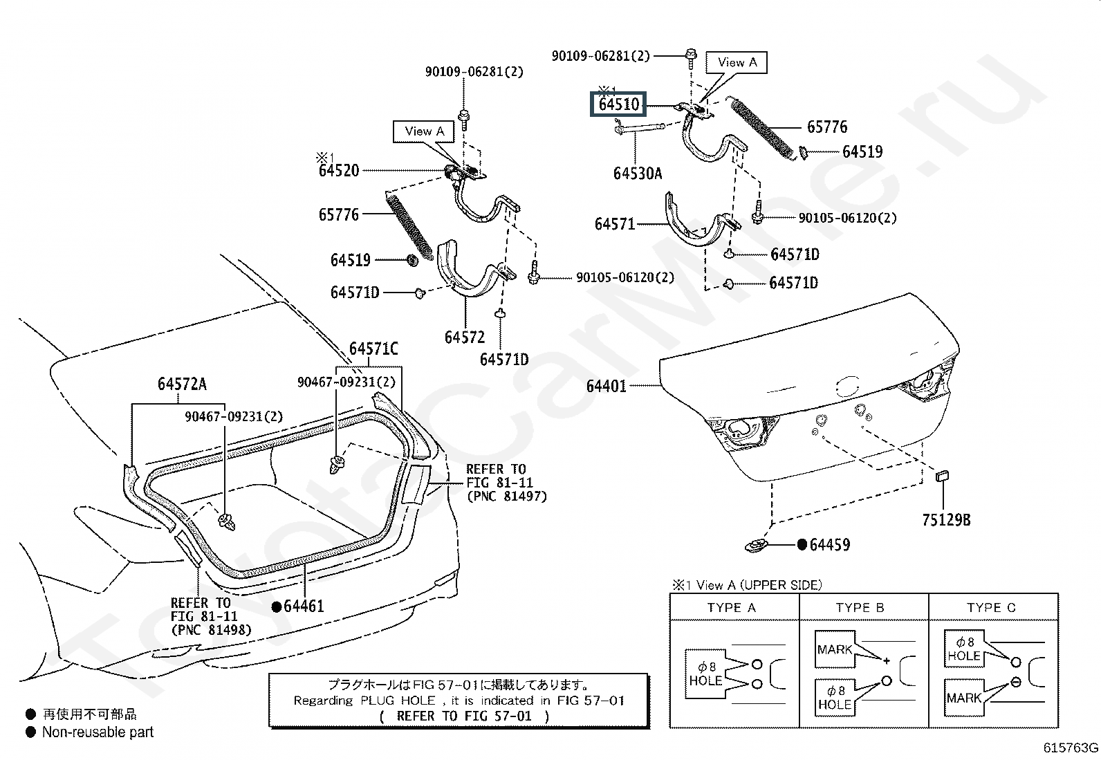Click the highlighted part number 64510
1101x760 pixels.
[x=618, y=104]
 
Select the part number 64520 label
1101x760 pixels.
[x=339, y=170]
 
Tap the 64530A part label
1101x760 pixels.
[x=637, y=173]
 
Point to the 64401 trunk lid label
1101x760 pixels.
[x=606, y=386]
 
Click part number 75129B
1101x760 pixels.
[x=945, y=519]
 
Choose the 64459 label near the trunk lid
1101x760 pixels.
[x=829, y=545]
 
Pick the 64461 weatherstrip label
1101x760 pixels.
[x=304, y=606]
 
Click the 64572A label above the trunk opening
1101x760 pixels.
[x=182, y=384]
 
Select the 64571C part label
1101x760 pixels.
[x=373, y=349]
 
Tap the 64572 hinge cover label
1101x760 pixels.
[x=465, y=337]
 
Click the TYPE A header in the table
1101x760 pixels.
[x=732, y=608]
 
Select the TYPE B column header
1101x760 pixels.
[x=860, y=608]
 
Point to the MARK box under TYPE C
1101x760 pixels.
[x=963, y=698]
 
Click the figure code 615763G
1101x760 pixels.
[x=1071, y=748]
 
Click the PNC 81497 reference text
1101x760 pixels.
[x=506, y=496]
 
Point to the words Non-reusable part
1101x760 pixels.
[x=98, y=732]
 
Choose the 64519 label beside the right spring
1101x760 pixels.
[x=862, y=151]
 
